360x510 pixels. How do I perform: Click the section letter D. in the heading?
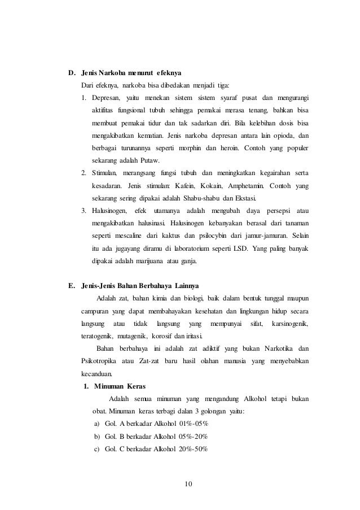(x=72, y=73)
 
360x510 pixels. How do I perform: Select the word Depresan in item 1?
(x=105, y=98)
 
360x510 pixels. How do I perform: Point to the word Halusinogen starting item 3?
(x=109, y=211)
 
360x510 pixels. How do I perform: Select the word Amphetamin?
(x=245, y=186)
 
